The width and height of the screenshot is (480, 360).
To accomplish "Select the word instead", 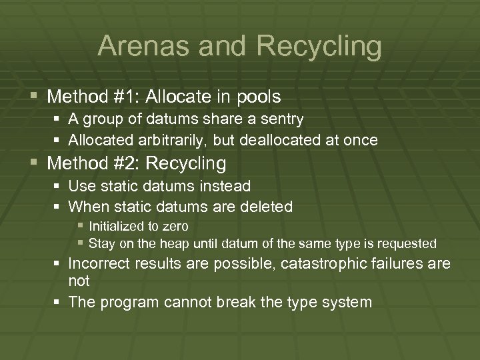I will click(x=227, y=186).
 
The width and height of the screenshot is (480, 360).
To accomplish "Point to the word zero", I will click(x=175, y=227).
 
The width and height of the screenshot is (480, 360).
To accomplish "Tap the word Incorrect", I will click(x=99, y=264).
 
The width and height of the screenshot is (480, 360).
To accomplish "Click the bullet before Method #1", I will click(x=33, y=97).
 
